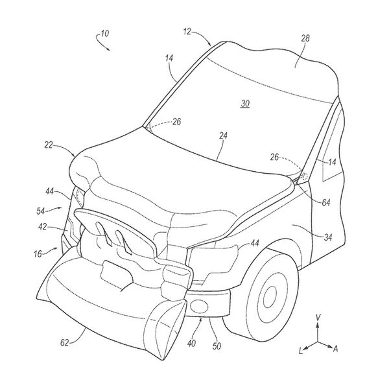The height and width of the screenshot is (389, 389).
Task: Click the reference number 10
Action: click(x=103, y=32)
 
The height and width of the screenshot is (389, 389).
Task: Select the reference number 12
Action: click(x=187, y=30)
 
